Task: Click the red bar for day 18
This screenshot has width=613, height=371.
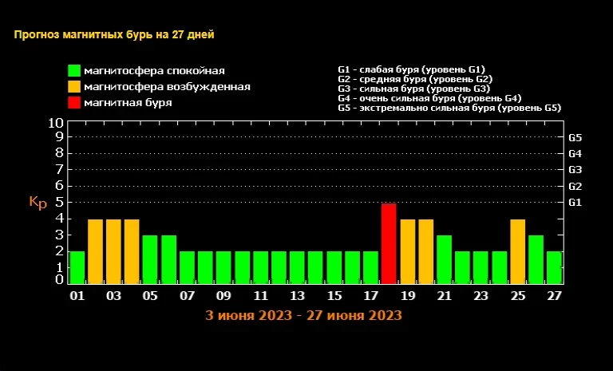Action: point(389,243)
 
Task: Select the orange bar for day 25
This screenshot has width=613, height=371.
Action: point(517,251)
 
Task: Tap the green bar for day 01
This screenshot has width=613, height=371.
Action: point(77,267)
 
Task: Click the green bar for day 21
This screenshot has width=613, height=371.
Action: point(444,259)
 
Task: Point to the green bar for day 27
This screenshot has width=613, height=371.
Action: point(554,267)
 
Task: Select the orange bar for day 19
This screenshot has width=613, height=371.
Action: point(407,251)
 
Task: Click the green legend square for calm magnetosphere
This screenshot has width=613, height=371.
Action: point(74,71)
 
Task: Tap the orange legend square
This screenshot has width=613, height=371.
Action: point(74,86)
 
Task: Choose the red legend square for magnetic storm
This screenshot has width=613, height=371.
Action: point(74,102)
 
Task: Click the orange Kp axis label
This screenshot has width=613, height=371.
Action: point(38,202)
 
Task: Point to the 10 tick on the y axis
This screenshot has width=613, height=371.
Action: point(56,124)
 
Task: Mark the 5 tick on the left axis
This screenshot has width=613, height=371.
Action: point(59,202)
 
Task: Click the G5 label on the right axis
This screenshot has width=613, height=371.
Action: point(575,137)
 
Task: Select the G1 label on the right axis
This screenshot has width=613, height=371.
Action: point(575,203)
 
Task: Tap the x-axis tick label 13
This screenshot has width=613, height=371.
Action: point(297,296)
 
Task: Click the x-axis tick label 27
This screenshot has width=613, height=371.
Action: point(554,296)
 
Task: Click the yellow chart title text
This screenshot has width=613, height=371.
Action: point(113,34)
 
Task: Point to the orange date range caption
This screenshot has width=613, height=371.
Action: point(303,315)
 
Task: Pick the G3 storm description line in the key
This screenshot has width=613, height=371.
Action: point(413,89)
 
